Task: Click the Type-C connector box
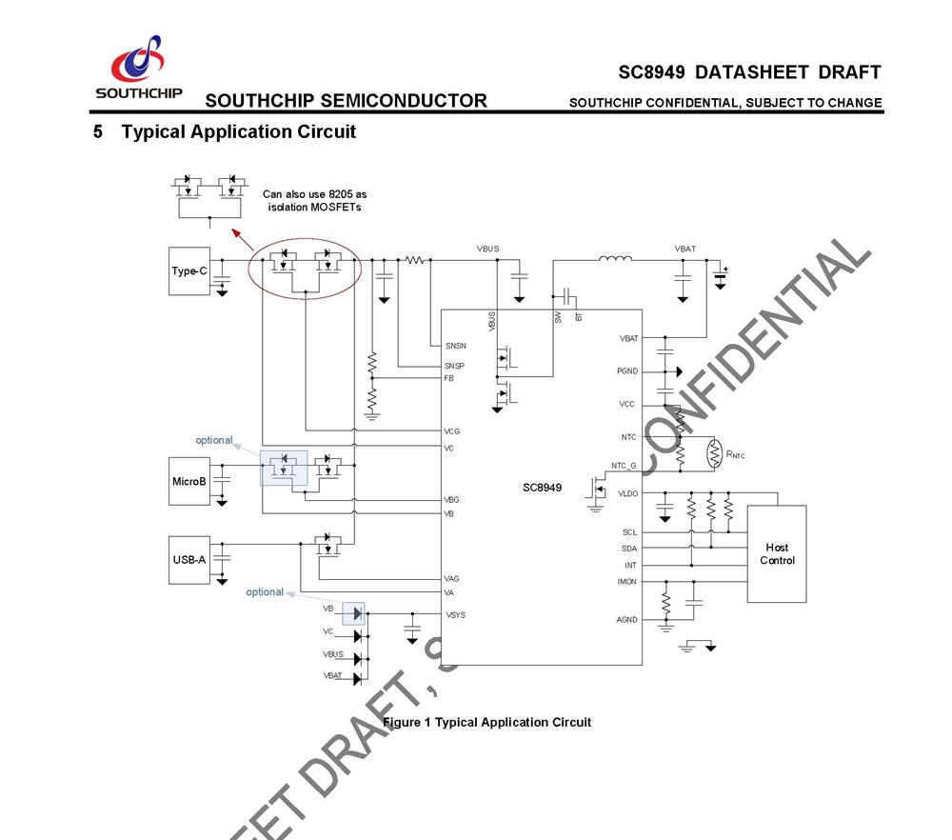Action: [x=188, y=271]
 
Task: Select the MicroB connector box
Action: [x=188, y=481]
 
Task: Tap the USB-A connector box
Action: [x=188, y=560]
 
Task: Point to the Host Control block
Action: [x=776, y=553]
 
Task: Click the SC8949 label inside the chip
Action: [x=542, y=488]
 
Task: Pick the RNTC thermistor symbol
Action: [x=717, y=454]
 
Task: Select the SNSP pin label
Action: [x=454, y=367]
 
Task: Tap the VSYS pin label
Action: [x=455, y=615]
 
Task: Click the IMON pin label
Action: [x=626, y=581]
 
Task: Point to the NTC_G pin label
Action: [x=624, y=466]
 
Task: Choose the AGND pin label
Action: [x=626, y=620]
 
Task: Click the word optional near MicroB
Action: [x=214, y=440]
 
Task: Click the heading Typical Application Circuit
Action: [x=238, y=131]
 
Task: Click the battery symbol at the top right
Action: [x=720, y=276]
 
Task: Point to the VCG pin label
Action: [x=452, y=431]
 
